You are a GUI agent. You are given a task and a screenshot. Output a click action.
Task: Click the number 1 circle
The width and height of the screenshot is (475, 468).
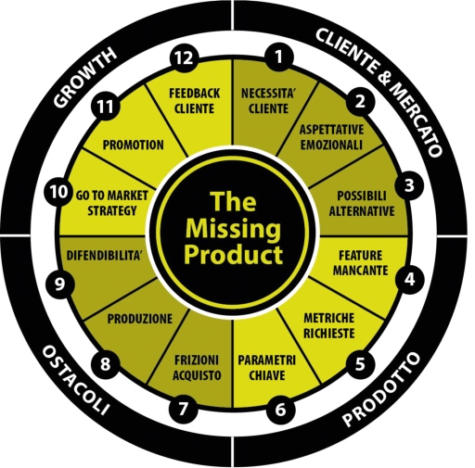pyautogui.click(x=279, y=57)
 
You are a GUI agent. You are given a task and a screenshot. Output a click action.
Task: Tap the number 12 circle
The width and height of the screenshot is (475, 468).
pyautogui.click(x=184, y=58)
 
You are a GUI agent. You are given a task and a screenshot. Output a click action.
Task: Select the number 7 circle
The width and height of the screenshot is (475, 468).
pyautogui.click(x=184, y=409)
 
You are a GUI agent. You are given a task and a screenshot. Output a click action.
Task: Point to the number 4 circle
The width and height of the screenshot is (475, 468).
pyautogui.click(x=410, y=280)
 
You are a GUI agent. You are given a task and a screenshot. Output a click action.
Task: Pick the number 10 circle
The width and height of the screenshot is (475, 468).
pyautogui.click(x=58, y=192)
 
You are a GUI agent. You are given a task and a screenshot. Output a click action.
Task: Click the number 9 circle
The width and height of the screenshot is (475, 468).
pyautogui.click(x=60, y=284)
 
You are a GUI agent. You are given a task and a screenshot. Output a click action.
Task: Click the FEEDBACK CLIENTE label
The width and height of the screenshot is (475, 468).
pyautogui.click(x=195, y=101)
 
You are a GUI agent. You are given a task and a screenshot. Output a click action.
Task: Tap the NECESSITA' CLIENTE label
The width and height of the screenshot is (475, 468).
pyautogui.click(x=268, y=101)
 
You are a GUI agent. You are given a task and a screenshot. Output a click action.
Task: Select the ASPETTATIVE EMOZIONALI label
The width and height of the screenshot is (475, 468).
pyautogui.click(x=331, y=137)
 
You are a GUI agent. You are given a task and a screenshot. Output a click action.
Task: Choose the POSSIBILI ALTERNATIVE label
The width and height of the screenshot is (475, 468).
pyautogui.click(x=362, y=204)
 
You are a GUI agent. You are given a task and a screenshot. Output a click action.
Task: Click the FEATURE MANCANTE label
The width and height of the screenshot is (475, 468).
pyautogui.click(x=361, y=263)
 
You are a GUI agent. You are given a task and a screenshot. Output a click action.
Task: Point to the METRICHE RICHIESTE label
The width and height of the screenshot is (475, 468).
pyautogui.click(x=329, y=325)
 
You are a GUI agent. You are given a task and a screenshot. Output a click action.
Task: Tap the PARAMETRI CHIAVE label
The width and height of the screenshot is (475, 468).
pyautogui.click(x=267, y=368)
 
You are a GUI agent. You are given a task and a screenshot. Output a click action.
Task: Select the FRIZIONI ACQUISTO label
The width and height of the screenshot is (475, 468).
pyautogui.click(x=197, y=368)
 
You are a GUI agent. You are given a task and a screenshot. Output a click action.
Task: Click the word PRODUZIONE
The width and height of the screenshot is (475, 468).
pyautogui.click(x=140, y=319)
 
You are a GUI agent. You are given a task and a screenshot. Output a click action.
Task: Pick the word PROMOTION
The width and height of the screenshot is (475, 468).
pyautogui.click(x=134, y=145)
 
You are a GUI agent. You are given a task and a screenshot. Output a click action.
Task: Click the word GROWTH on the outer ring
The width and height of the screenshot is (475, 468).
pyautogui.click(x=85, y=77)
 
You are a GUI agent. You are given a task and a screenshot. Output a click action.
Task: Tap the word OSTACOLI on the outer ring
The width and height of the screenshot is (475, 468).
pyautogui.click(x=76, y=380)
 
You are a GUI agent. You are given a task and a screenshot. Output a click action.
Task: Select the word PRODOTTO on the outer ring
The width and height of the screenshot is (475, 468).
pyautogui.click(x=381, y=389)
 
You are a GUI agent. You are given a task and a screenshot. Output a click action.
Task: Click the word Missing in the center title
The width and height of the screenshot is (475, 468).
pyautogui.click(x=234, y=230)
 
